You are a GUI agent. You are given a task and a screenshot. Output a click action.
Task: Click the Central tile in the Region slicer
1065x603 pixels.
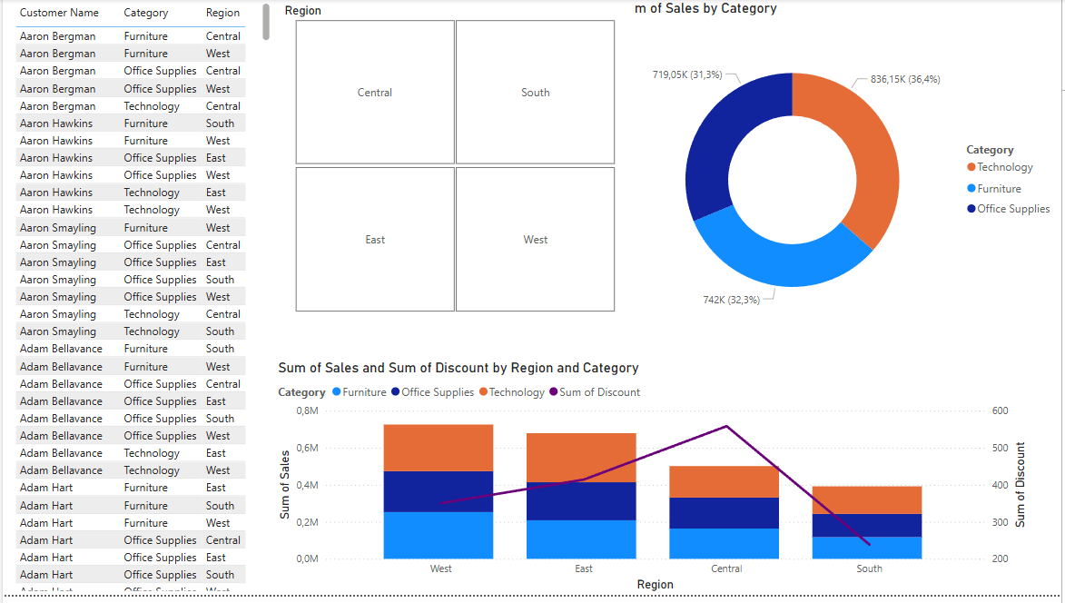click(375, 93)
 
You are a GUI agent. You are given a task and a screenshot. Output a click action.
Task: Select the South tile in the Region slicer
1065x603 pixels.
click(535, 93)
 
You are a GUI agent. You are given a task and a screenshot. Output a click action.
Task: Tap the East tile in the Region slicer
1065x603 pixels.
click(375, 240)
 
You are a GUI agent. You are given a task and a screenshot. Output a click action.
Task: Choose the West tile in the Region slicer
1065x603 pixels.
click(535, 240)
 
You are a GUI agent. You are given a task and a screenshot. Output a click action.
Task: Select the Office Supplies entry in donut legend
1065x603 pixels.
click(1012, 209)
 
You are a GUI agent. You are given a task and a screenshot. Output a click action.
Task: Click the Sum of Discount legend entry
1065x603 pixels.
click(599, 392)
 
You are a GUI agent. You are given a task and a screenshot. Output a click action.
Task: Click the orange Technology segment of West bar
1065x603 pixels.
click(439, 447)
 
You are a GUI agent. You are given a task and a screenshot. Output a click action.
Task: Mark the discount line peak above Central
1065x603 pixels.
click(726, 426)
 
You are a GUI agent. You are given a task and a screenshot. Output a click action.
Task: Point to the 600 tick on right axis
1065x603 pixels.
click(1001, 410)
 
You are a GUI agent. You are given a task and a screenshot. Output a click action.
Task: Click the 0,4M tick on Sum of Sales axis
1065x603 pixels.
click(306, 485)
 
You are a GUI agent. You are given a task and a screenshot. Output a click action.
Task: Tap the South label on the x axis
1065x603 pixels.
click(869, 568)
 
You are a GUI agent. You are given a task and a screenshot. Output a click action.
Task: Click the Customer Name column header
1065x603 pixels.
click(59, 13)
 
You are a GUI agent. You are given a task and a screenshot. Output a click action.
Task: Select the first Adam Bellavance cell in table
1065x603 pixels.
click(61, 349)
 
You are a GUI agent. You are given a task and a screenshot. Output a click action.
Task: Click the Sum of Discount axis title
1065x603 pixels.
click(1021, 484)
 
